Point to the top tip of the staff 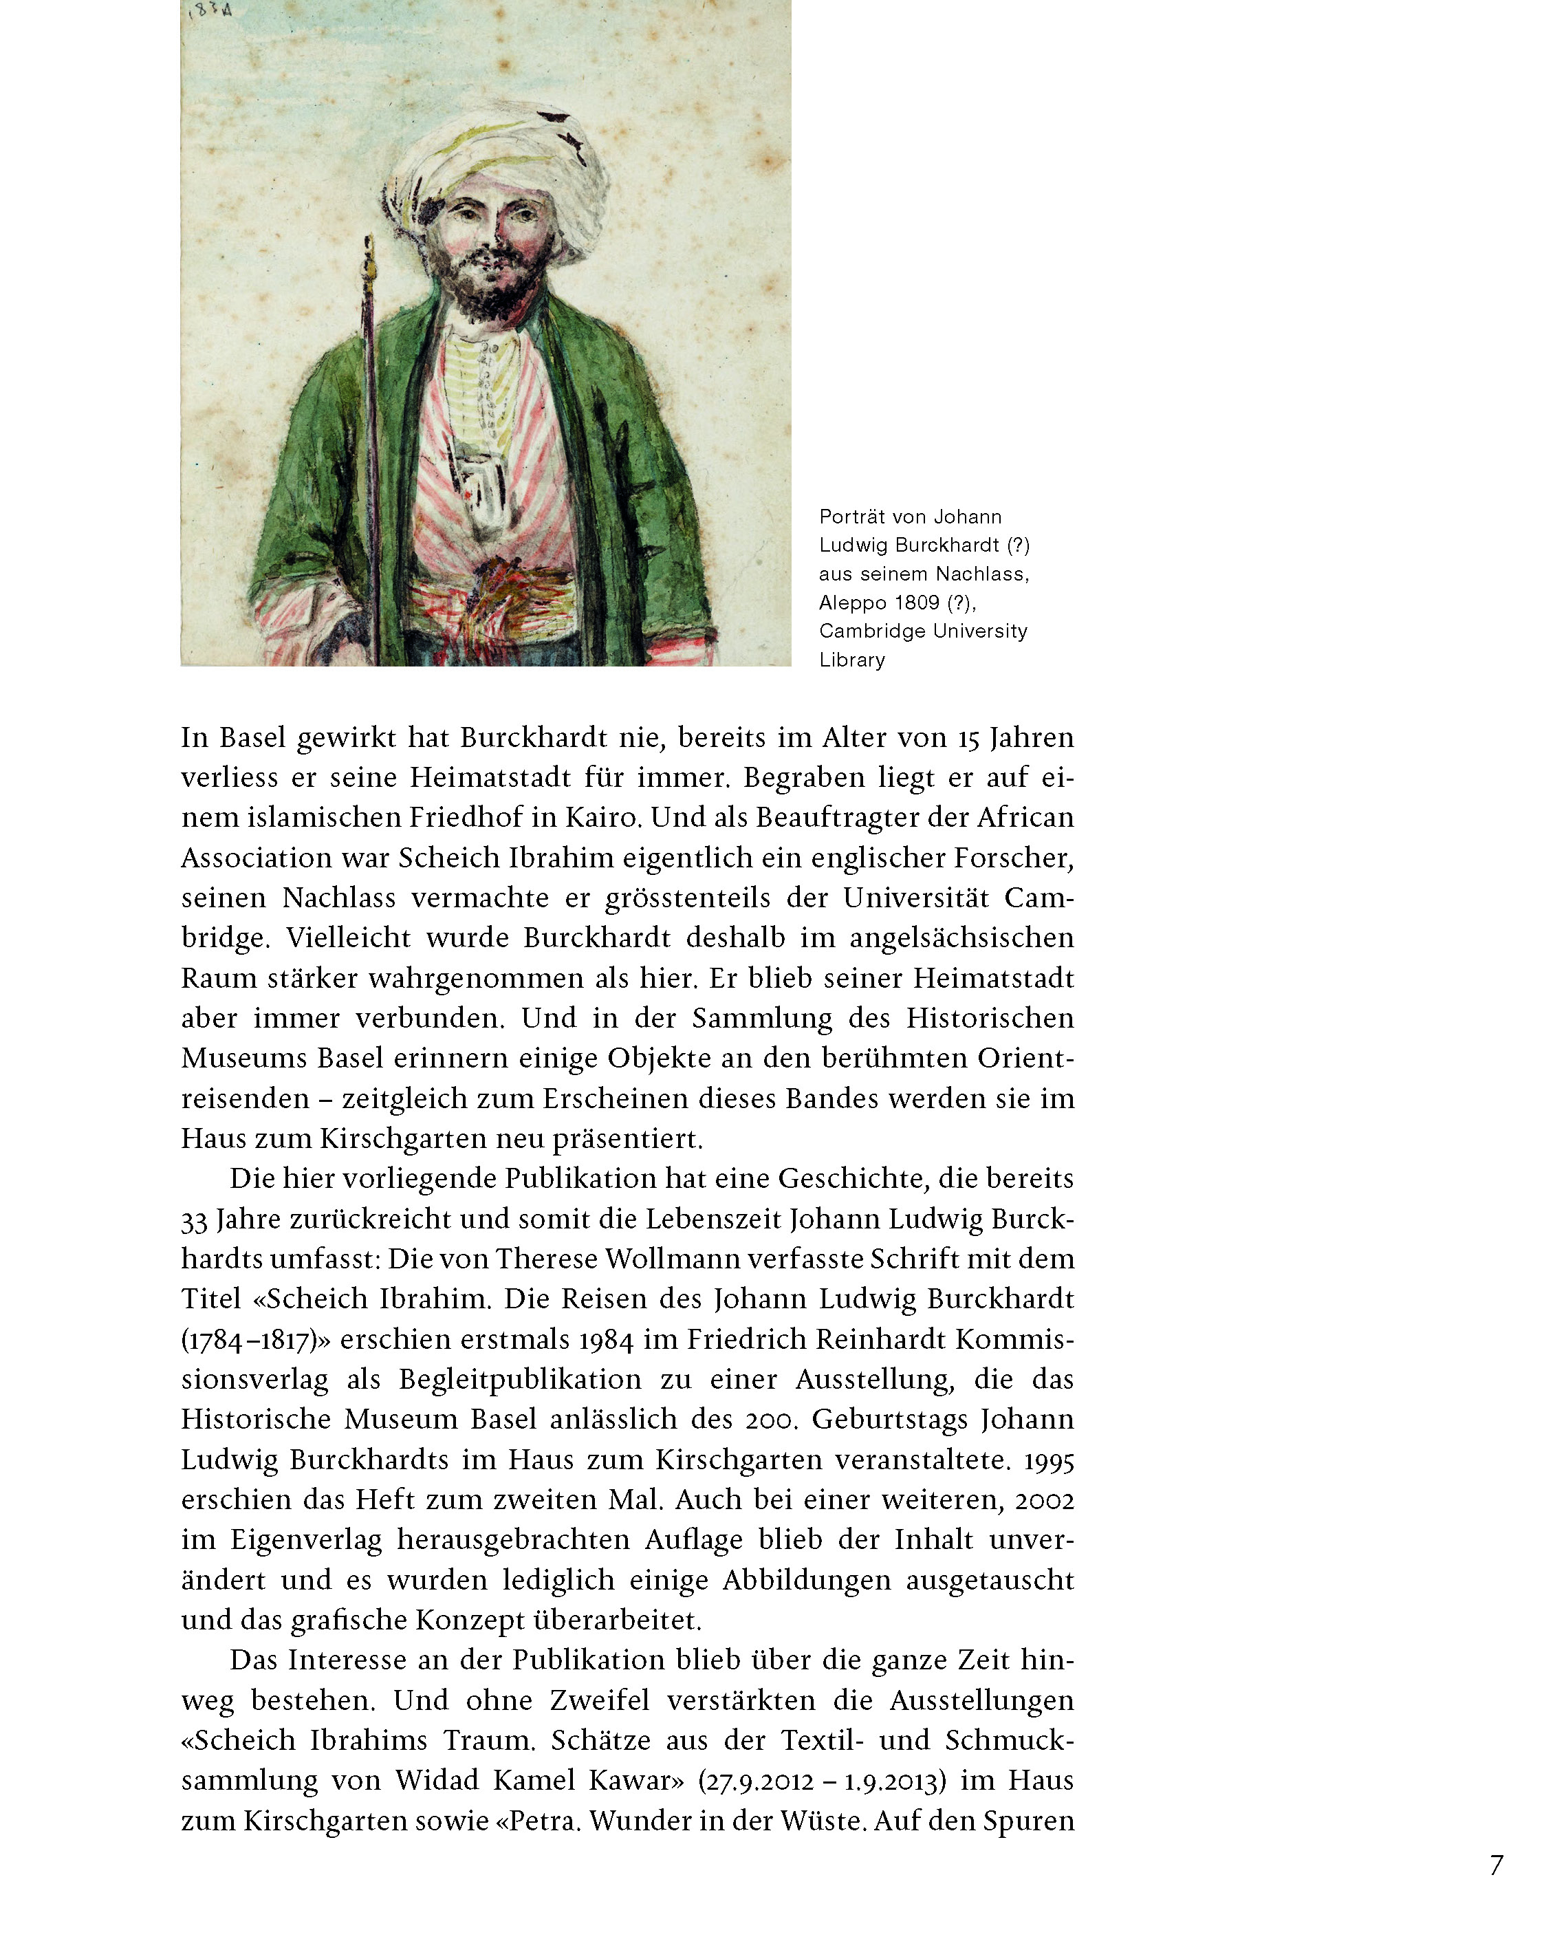(x=369, y=242)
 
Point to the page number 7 (x=1496, y=1865)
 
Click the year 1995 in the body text (x=1049, y=1460)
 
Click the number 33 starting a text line (x=195, y=1220)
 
